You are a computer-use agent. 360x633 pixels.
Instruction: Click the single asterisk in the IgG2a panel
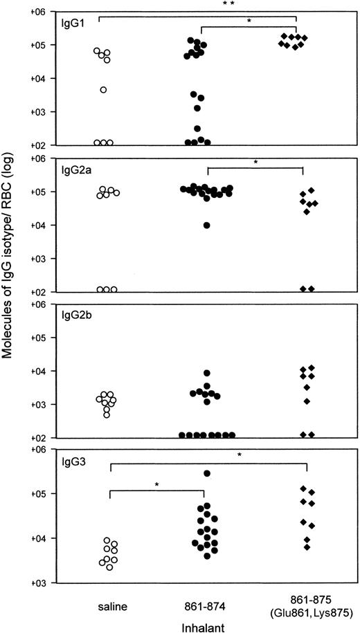pos(255,163)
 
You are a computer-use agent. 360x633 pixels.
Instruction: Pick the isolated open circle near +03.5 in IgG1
pos(103,89)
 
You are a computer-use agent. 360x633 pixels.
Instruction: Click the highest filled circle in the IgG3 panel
pos(206,473)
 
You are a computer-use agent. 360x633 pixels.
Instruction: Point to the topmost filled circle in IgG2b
pos(206,373)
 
